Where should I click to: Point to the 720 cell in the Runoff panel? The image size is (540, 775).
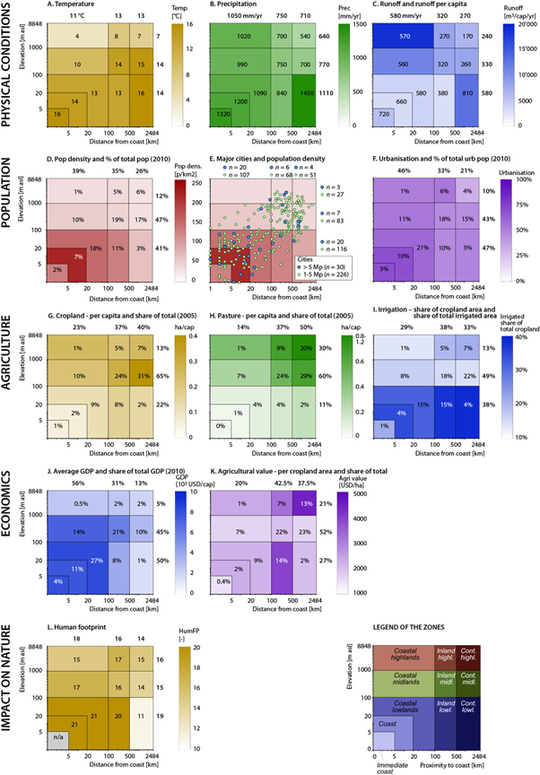[386, 116]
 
